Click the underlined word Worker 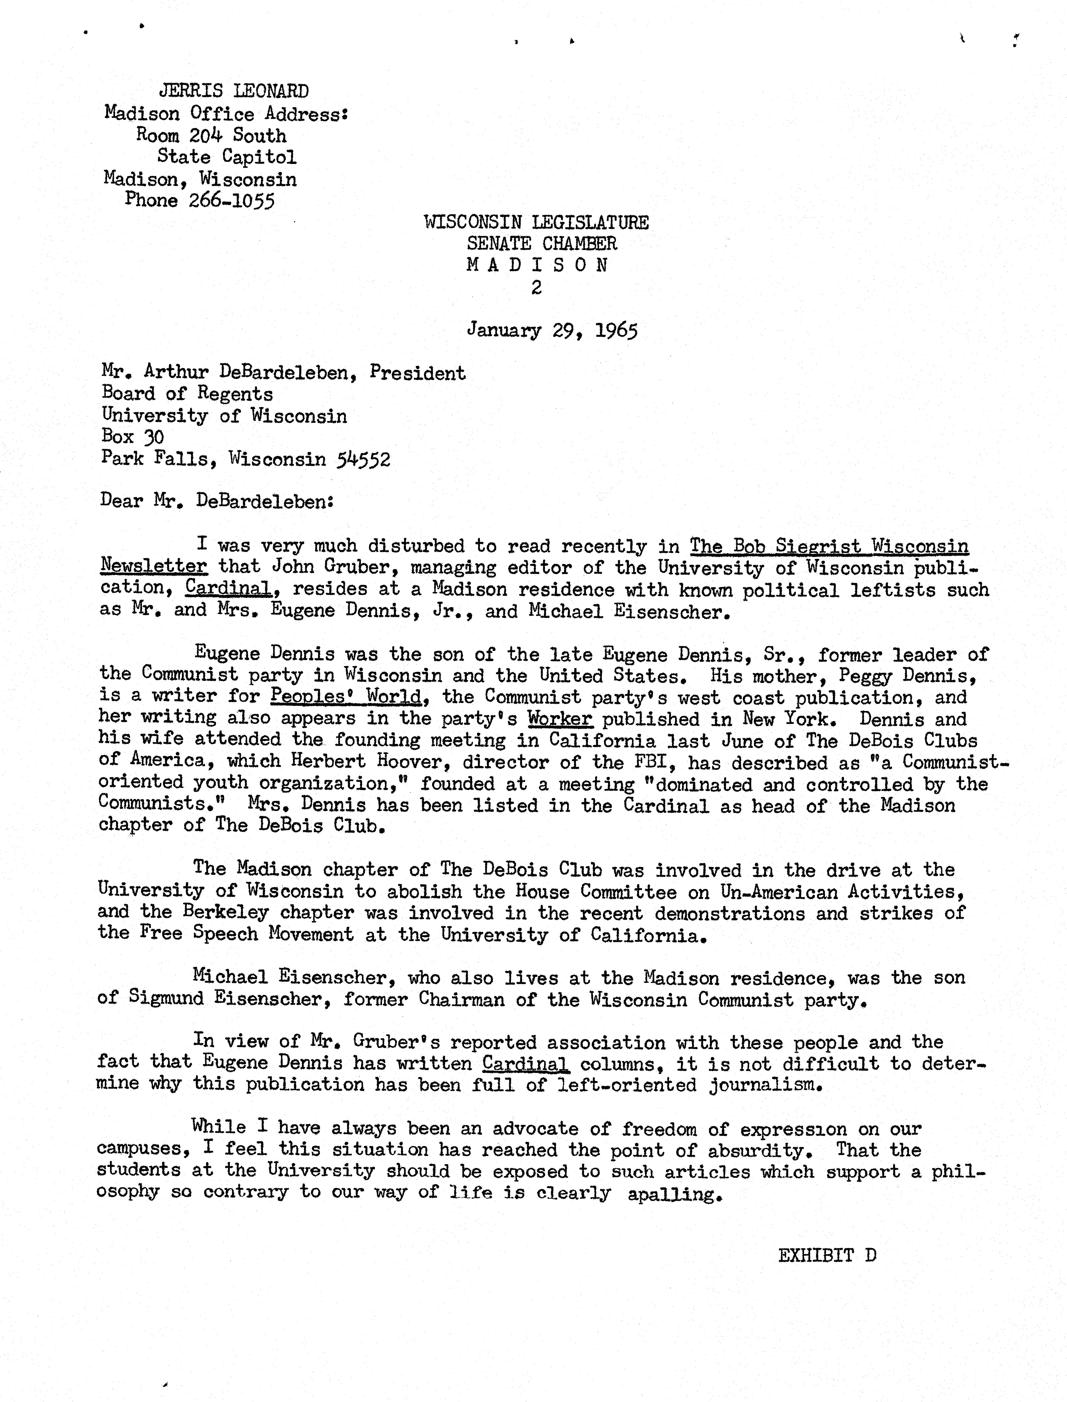pos(560,719)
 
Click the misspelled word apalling pos(675,1195)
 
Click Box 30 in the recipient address pos(133,437)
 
